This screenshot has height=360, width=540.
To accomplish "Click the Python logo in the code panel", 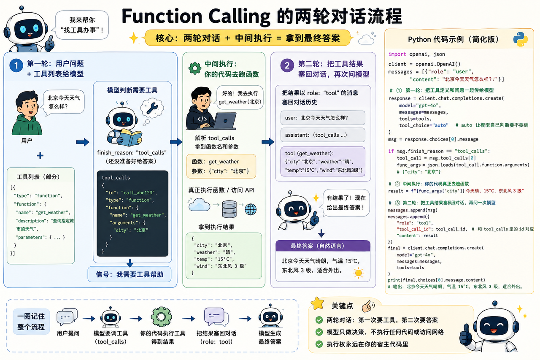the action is coord(520,39).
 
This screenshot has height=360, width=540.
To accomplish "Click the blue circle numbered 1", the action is coord(16,65).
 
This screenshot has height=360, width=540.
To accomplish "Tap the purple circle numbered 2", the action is coord(287,65).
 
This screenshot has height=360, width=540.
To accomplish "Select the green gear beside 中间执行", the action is coord(195,68).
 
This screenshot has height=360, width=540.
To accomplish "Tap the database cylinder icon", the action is coord(229,209).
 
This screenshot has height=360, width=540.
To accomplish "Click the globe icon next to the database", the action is coord(251,209).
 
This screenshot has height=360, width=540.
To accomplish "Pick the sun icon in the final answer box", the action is coord(358,273).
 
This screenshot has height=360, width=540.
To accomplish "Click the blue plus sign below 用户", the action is coord(40,156).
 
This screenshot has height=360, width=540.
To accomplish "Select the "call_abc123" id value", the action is coord(138,192).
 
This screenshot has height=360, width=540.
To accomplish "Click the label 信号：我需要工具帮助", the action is coord(130,274).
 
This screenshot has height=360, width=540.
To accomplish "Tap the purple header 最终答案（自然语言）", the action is coord(323,246).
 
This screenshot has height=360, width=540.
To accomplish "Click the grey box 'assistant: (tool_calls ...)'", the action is coord(323,135).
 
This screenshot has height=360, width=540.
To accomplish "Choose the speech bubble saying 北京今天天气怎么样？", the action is coord(64,102).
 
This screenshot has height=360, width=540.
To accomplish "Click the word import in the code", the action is coord(397,54).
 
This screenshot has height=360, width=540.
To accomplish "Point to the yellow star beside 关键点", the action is coord(317,303).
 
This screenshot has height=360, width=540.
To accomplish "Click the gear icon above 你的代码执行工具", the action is coord(161,317).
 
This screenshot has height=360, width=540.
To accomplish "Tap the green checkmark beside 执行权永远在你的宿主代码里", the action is coord(319,344).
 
